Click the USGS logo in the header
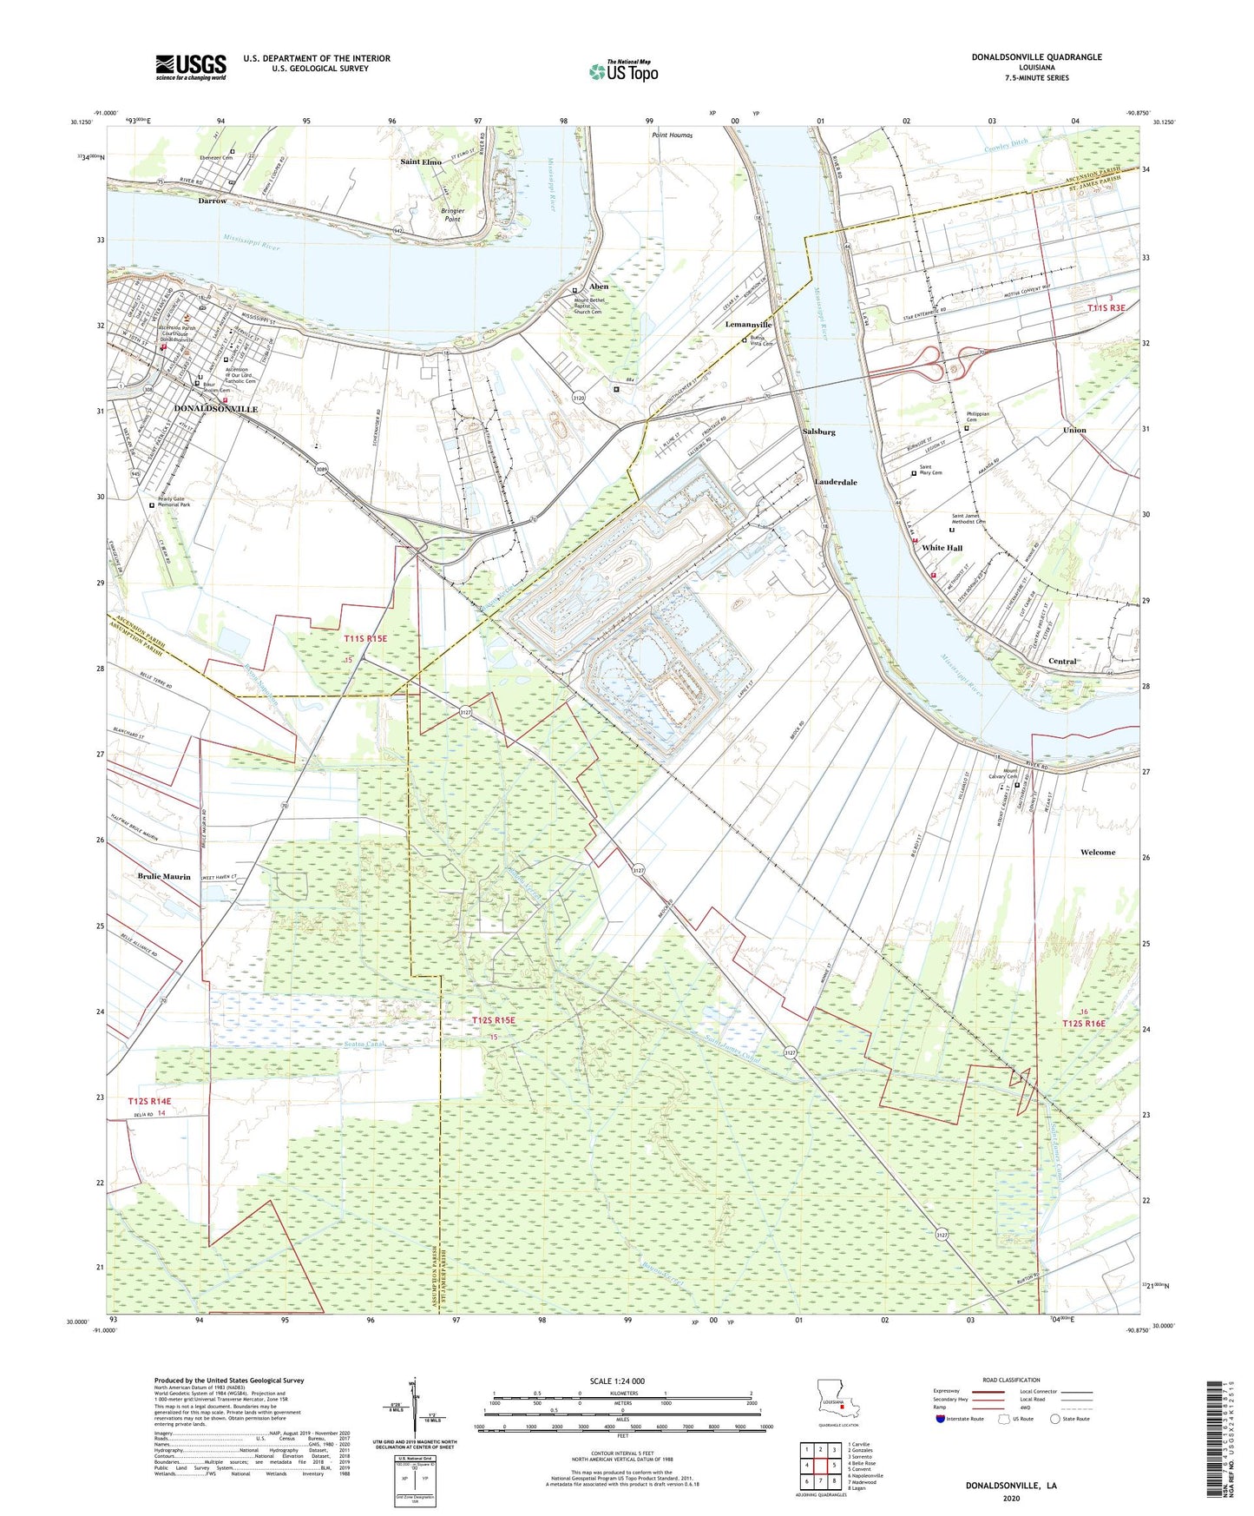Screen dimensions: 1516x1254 pos(190,66)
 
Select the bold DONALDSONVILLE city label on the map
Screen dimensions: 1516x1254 pos(216,408)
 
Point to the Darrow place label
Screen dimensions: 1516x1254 pos(212,201)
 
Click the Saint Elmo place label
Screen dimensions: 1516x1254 pos(421,162)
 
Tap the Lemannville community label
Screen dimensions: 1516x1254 pos(748,325)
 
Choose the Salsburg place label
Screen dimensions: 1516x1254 pos(819,432)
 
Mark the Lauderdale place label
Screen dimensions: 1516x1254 pos(836,482)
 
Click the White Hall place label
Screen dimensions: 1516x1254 pos(942,548)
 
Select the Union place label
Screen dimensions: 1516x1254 pos(1074,430)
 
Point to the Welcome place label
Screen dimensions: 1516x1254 pos(1098,852)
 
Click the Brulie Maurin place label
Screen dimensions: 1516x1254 pos(164,877)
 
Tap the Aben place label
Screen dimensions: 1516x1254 pos(599,287)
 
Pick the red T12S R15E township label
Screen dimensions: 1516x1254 pos(494,1020)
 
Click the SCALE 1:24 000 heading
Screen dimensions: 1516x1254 pos(617,1381)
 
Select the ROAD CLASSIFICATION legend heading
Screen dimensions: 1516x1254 pos(1011,1380)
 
